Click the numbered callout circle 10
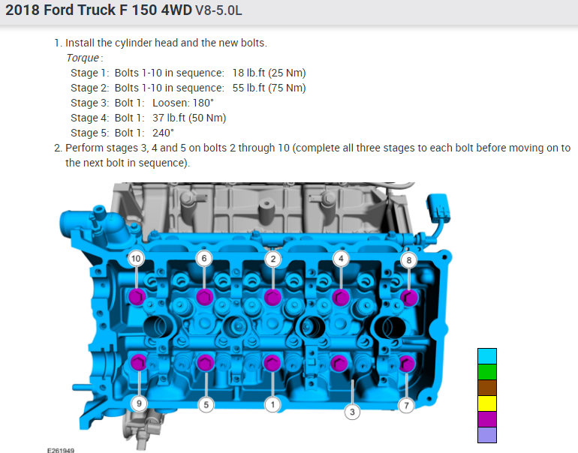click(136, 259)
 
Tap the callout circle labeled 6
click(204, 259)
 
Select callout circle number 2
click(272, 259)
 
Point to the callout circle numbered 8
click(341, 259)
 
